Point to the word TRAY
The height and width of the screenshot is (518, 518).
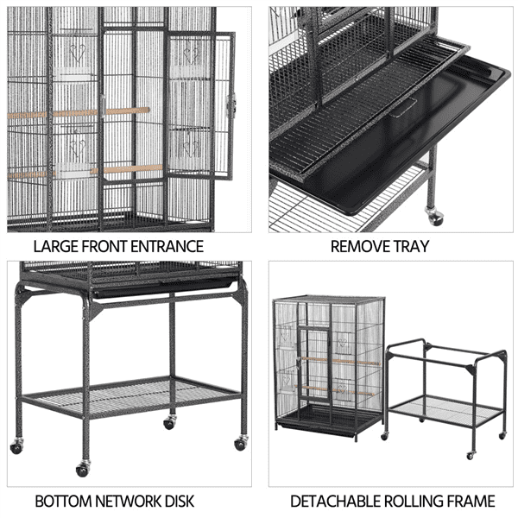(x=413, y=247)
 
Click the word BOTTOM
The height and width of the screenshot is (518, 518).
(x=66, y=501)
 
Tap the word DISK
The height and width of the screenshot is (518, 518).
(x=180, y=501)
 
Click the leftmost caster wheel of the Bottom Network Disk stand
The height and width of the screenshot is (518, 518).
(x=17, y=446)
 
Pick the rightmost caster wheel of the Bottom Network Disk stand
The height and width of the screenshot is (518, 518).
(x=239, y=443)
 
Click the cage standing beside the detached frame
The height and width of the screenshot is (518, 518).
(x=328, y=363)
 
